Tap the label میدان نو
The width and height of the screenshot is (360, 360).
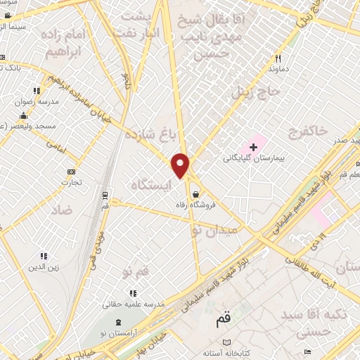[215, 229]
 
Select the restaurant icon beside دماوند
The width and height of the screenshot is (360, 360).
[278, 59]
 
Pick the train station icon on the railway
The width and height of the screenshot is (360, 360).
[105, 195]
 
